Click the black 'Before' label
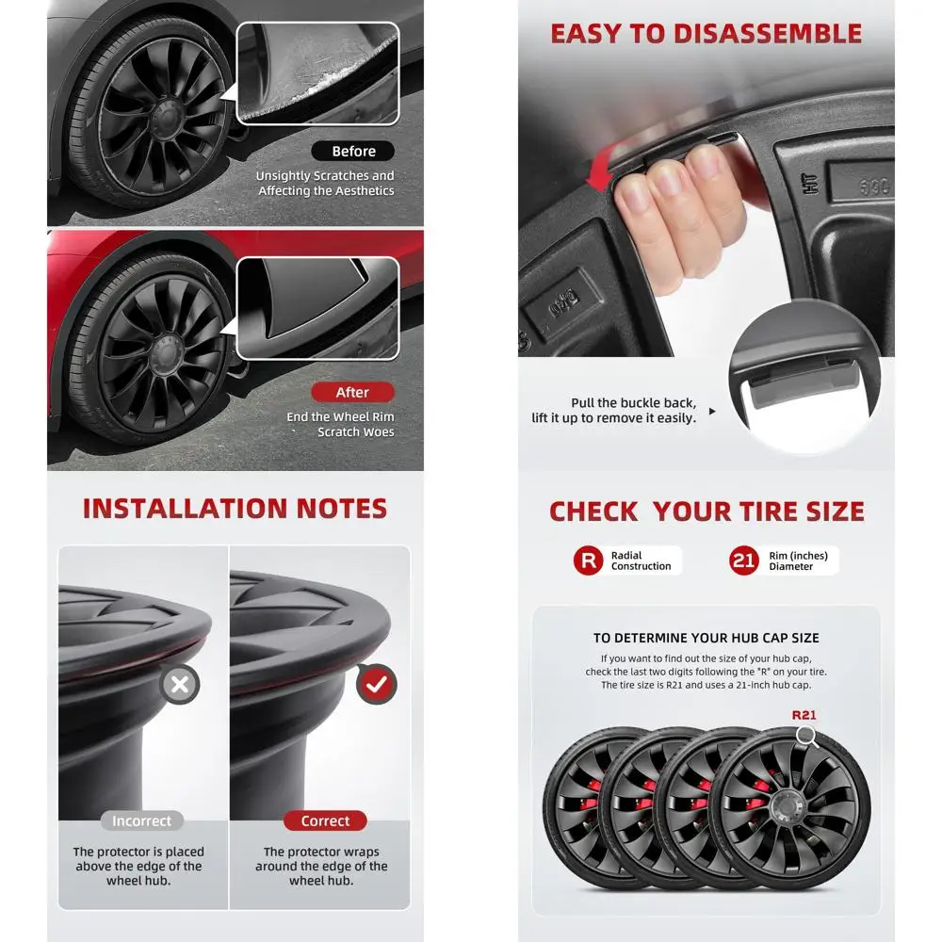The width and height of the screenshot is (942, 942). point(353,151)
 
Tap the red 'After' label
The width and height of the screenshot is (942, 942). point(352,392)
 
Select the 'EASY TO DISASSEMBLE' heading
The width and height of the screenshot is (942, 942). point(706,34)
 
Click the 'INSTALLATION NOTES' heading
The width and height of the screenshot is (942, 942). point(235,509)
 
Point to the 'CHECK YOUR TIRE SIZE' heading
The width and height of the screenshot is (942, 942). point(706,512)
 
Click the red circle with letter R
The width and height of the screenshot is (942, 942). point(589,561)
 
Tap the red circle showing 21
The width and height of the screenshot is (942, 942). point(744,561)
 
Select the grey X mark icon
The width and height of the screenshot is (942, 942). point(179,685)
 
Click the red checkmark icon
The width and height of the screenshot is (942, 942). point(376,685)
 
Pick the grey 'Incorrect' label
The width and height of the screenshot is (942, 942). point(142,820)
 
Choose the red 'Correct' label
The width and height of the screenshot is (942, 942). point(325,820)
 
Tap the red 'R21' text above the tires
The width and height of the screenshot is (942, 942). point(804,715)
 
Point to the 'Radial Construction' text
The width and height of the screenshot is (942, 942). point(641,561)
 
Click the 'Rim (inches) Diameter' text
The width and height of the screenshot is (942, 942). point(798,561)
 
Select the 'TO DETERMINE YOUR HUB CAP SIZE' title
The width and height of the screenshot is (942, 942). point(706,638)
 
